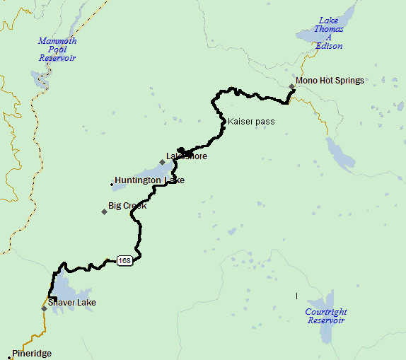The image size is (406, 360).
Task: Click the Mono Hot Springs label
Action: point(330,81)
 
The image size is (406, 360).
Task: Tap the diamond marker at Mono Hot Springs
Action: point(291,87)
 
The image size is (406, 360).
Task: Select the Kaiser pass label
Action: point(251,122)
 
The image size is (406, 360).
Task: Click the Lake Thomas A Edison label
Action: point(330,33)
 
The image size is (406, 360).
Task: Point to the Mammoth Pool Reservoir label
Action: point(57,50)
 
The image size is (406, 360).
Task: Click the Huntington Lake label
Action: point(149,180)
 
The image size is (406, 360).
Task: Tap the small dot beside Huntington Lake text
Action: point(112,185)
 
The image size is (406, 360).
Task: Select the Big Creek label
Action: point(127,206)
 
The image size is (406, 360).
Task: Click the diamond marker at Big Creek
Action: point(104,211)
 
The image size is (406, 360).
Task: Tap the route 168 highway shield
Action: point(124,261)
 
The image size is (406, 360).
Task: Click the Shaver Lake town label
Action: point(73,303)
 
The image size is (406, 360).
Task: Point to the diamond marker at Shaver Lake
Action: point(44,308)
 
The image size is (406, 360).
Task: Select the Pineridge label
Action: point(32,354)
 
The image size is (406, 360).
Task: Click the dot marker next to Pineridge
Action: point(10,354)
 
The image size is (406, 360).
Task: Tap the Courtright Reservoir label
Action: point(326,315)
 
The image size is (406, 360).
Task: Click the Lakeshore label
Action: point(187,156)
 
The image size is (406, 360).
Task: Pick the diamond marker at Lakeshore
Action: point(162,162)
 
